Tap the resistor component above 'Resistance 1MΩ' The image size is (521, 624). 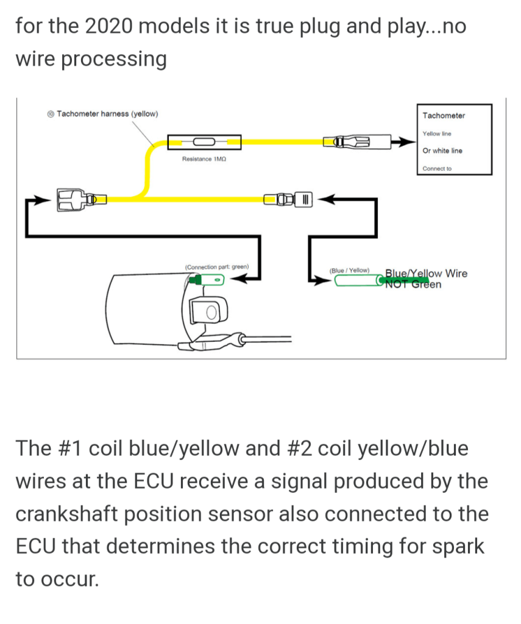[x=204, y=143]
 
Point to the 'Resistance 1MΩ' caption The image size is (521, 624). [x=204, y=159]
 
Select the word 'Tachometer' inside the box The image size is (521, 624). [x=443, y=116]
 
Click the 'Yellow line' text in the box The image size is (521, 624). [x=437, y=133]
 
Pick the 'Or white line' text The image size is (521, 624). [x=442, y=151]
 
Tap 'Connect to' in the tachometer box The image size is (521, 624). [x=437, y=169]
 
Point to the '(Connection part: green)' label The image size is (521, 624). [x=216, y=267]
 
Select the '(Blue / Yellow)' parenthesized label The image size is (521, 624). [x=349, y=270]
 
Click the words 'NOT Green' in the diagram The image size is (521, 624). [x=413, y=284]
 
